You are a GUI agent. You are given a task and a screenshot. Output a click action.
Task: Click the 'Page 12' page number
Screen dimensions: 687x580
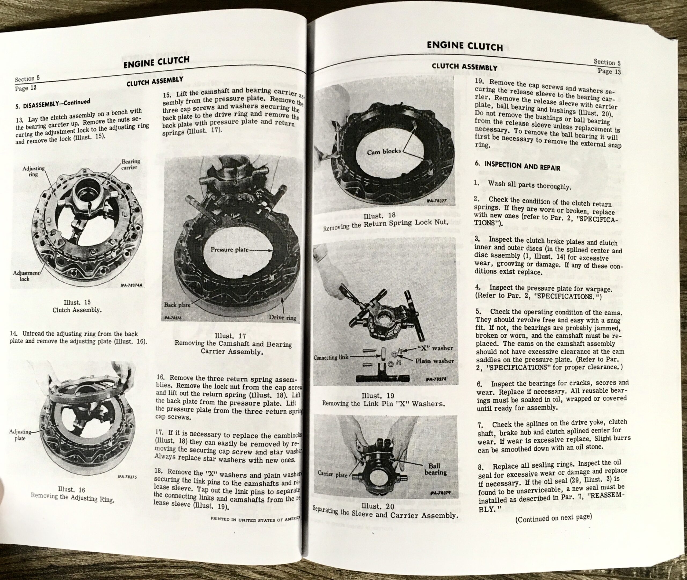(26, 88)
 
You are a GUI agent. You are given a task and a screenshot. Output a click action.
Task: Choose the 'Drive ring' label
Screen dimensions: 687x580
(282, 318)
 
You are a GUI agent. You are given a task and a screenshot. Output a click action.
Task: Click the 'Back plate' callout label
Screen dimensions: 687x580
(177, 304)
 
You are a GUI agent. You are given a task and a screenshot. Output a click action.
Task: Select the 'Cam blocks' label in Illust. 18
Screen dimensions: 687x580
(384, 151)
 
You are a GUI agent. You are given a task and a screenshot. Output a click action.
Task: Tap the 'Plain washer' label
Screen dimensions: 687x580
(434, 361)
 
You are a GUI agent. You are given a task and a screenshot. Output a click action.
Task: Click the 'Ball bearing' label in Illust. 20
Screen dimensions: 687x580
(435, 469)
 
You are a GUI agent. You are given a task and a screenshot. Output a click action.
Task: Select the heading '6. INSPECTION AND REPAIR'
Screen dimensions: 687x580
(517, 166)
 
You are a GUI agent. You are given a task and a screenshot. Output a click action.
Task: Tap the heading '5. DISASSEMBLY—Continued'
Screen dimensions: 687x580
(53, 104)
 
